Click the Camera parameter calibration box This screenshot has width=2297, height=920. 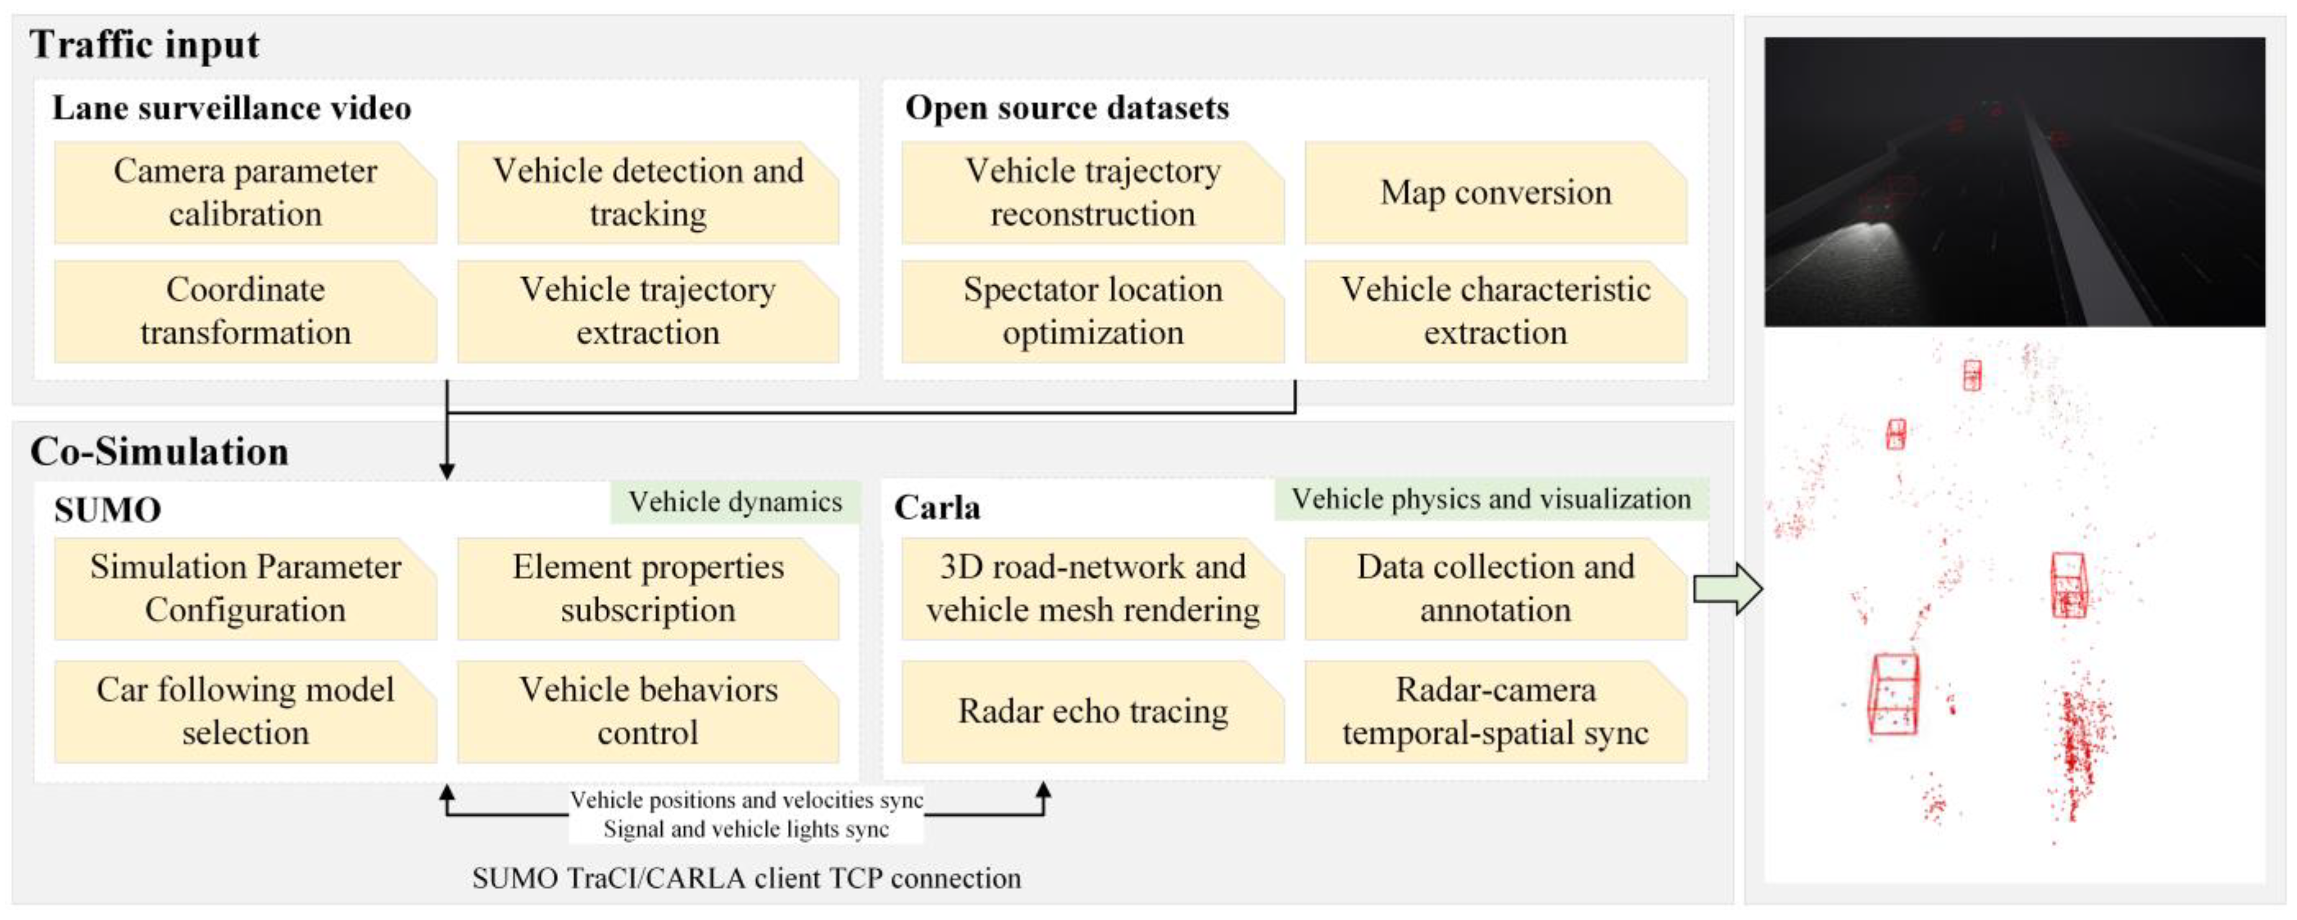pos(245,193)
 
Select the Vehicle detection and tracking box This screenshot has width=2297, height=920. pos(648,193)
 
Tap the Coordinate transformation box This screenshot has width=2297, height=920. pos(245,311)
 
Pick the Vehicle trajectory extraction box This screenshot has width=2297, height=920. pos(648,311)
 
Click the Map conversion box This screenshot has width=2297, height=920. pos(1495,193)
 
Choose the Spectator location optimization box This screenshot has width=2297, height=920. pos(1093,311)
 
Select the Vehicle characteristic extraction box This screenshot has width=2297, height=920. pos(1495,311)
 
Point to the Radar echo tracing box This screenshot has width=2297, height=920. pos(1093,712)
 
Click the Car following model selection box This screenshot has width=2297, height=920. pos(245,712)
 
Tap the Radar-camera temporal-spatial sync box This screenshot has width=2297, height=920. pos(1495,712)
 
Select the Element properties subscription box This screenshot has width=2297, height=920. pos(648,588)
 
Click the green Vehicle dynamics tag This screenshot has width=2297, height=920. pos(735,502)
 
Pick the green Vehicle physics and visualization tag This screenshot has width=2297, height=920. pos(1491,499)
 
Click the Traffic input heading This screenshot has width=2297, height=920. pos(145,45)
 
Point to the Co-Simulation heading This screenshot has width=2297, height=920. pos(159,451)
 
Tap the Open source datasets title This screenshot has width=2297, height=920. pos(1066,108)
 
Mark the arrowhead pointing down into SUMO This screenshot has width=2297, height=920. pos(447,471)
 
